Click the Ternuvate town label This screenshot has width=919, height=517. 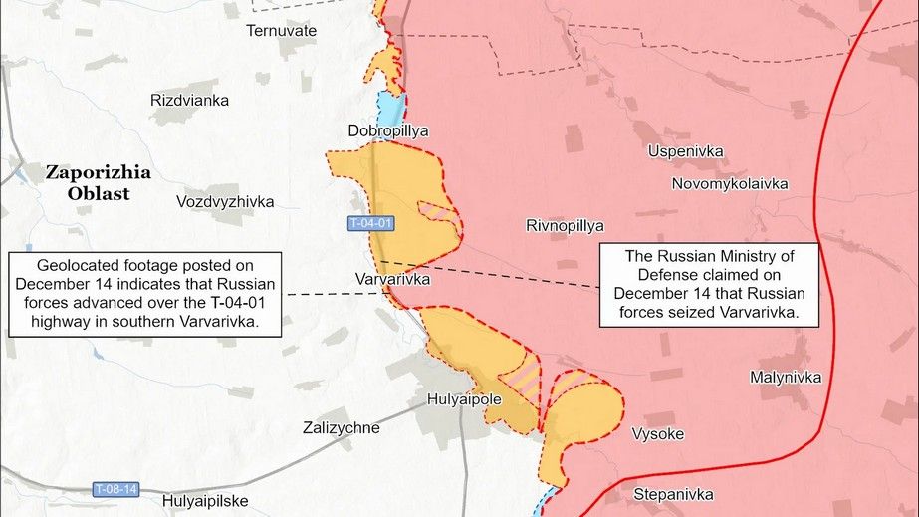pyautogui.click(x=282, y=31)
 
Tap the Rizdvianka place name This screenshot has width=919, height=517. pyautogui.click(x=189, y=101)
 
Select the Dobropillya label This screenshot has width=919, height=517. pyautogui.click(x=387, y=130)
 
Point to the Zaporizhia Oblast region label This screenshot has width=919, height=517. pyautogui.click(x=99, y=183)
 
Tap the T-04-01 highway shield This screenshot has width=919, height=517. pyautogui.click(x=370, y=224)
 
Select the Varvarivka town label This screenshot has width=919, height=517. pyautogui.click(x=392, y=280)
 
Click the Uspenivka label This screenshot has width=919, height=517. pyautogui.click(x=685, y=152)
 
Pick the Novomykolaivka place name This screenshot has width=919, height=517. pyautogui.click(x=730, y=184)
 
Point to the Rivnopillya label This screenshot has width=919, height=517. pyautogui.click(x=565, y=226)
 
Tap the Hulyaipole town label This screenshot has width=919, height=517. pyautogui.click(x=464, y=399)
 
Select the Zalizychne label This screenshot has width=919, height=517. pyautogui.click(x=341, y=428)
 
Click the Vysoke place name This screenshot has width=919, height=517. pyautogui.click(x=657, y=434)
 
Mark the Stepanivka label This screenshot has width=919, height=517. pyautogui.click(x=674, y=494)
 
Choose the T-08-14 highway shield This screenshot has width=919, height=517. pyautogui.click(x=115, y=489)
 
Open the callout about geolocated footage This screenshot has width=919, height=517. pyautogui.click(x=146, y=293)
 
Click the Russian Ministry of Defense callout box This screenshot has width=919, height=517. pyautogui.click(x=708, y=286)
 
